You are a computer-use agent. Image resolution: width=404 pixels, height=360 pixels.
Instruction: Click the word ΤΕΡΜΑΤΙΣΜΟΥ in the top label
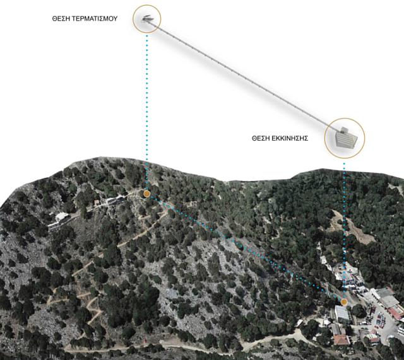(x=94, y=20)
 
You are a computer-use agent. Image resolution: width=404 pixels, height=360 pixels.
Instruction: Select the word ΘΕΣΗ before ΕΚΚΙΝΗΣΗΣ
(x=260, y=138)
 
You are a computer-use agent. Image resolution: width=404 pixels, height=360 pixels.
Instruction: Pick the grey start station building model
(x=345, y=138)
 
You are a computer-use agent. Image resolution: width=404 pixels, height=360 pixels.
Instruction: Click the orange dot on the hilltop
(x=146, y=194)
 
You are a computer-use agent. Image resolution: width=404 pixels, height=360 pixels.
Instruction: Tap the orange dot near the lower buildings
(x=344, y=301)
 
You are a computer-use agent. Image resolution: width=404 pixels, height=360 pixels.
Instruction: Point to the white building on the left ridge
(x=61, y=217)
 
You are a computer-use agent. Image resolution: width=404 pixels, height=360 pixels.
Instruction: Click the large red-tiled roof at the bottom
(x=342, y=340)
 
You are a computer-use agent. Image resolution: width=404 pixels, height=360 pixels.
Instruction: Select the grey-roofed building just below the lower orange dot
(x=342, y=313)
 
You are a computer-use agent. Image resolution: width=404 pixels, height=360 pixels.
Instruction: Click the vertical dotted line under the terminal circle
(x=146, y=113)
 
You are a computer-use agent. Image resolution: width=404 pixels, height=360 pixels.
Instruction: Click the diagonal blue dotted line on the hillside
(x=246, y=248)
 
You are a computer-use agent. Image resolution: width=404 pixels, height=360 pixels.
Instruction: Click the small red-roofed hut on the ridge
(x=97, y=202)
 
